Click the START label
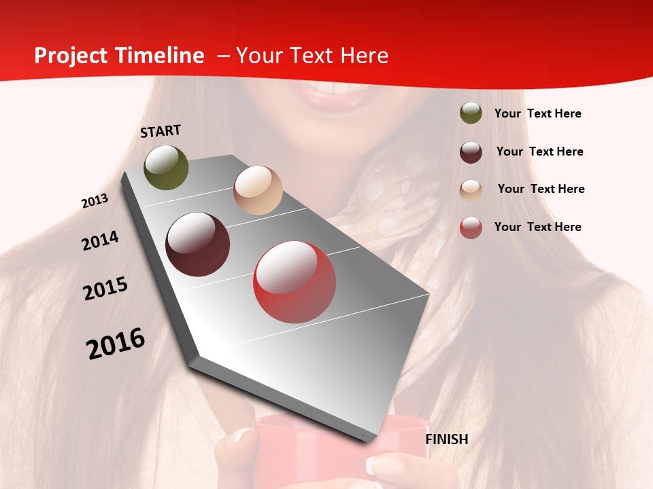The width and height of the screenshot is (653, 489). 161,131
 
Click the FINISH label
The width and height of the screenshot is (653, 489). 447,439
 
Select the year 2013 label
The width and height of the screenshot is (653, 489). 95,201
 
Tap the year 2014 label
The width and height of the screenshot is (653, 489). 101,240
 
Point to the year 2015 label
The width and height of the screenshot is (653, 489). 105,289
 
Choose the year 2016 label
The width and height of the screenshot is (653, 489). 116,344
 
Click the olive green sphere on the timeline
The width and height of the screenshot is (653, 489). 166,167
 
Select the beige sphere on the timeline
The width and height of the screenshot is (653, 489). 258,190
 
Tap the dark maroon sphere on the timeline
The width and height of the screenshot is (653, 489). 198,244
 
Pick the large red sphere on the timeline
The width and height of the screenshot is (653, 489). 295,282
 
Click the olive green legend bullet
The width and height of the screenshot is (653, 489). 471,113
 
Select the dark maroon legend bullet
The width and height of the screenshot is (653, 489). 471,152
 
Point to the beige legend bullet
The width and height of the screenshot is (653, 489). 471,189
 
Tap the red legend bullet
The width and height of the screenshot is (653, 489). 471,228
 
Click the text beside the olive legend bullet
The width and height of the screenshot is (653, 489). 537,113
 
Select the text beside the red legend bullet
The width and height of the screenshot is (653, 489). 537,227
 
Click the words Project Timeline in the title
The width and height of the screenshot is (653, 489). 119,56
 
